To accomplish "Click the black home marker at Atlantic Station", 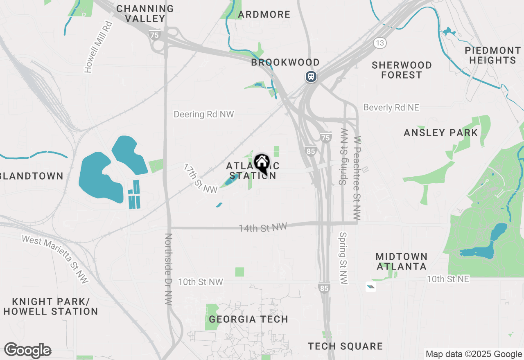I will (262, 164).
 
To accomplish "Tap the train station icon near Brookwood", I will (311, 76).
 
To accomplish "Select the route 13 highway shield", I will (380, 42).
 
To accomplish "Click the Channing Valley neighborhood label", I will (145, 13).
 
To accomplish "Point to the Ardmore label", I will (264, 15).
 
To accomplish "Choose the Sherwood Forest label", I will (401, 70).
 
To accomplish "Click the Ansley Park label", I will (440, 133).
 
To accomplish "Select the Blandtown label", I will (32, 176).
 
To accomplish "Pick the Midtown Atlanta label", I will (401, 261).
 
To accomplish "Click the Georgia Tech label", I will (248, 319).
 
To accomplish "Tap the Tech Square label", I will (345, 346).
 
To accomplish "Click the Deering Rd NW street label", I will (203, 114).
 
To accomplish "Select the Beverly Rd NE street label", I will (391, 107).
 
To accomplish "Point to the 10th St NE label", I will (448, 279).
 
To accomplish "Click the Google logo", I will (27, 350).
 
